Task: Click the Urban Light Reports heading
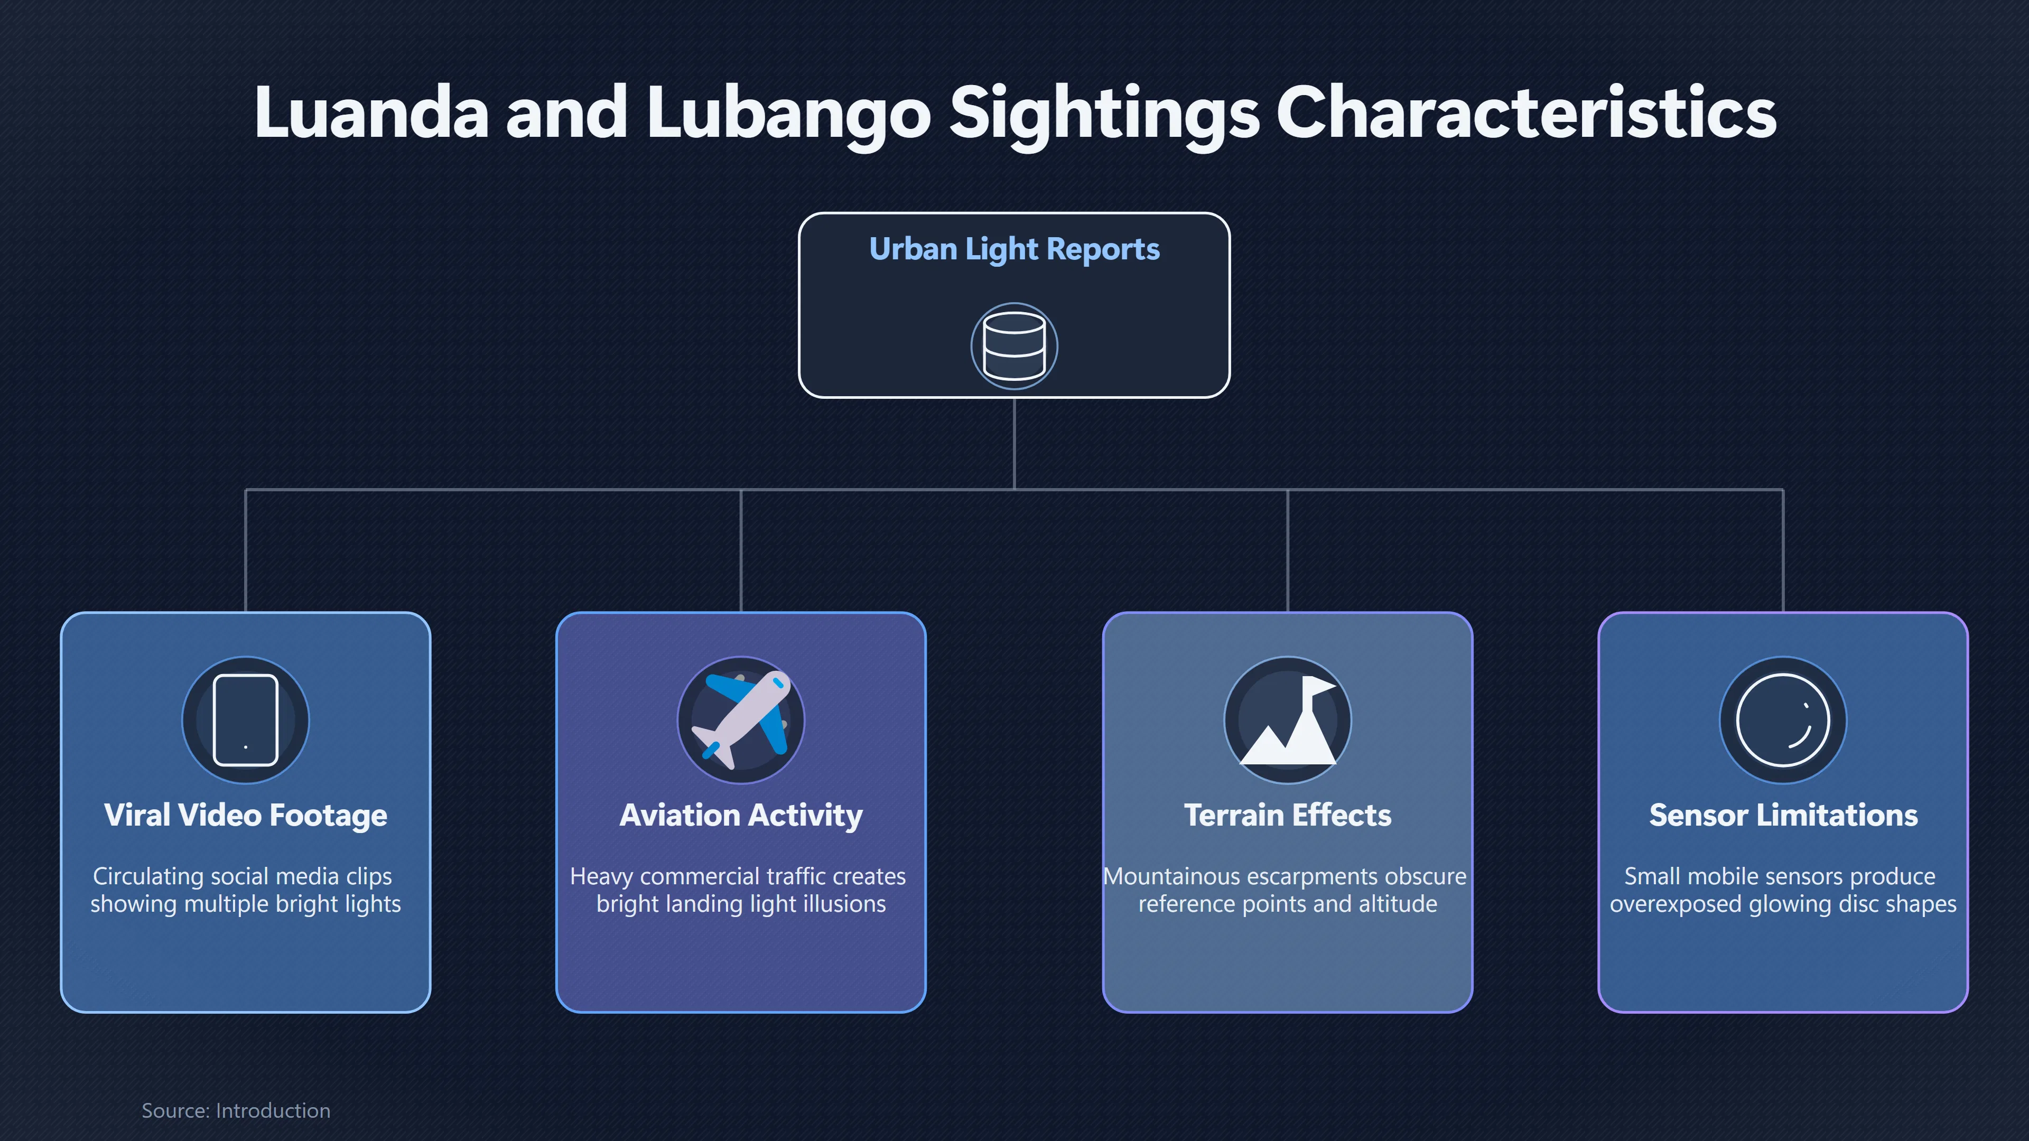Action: click(x=1015, y=249)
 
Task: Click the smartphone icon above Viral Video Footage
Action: click(x=246, y=719)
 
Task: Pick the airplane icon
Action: click(x=741, y=719)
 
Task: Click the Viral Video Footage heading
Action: click(x=246, y=815)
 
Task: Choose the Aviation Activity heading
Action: click(x=741, y=815)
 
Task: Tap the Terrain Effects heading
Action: click(x=1288, y=815)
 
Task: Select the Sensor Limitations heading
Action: click(x=1783, y=815)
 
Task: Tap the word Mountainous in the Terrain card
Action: click(x=1172, y=876)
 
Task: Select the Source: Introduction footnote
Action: click(x=236, y=1110)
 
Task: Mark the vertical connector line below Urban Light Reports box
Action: click(x=1015, y=443)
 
